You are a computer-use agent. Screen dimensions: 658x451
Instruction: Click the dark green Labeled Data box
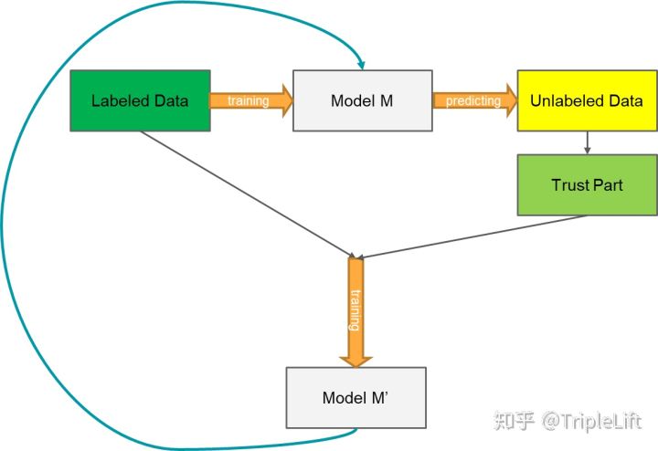tap(140, 100)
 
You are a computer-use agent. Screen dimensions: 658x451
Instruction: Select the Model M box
tap(363, 100)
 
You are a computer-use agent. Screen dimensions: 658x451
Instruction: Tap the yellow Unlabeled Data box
tap(587, 100)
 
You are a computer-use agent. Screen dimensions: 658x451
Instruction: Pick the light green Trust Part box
tap(587, 184)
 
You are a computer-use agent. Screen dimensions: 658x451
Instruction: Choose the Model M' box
tap(356, 398)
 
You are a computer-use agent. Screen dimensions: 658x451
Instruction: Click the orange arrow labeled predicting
tap(474, 100)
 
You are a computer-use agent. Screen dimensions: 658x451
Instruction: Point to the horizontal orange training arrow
tap(251, 100)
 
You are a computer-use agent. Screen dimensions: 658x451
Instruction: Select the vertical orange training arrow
tap(356, 312)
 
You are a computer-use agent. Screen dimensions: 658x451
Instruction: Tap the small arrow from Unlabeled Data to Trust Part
tap(587, 143)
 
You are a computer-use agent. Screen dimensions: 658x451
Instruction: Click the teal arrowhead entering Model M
tap(361, 65)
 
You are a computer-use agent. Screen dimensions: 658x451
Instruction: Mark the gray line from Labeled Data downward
tap(248, 194)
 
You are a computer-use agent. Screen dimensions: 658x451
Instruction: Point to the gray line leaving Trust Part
tap(472, 236)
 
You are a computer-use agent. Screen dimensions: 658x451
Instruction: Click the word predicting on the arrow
tap(473, 101)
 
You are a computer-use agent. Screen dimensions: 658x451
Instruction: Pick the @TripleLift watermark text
tap(591, 421)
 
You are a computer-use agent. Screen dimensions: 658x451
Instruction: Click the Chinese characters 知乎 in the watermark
tap(514, 420)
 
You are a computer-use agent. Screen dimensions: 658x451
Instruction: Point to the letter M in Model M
tap(386, 100)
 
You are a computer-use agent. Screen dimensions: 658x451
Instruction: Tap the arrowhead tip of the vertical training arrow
tap(356, 368)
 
